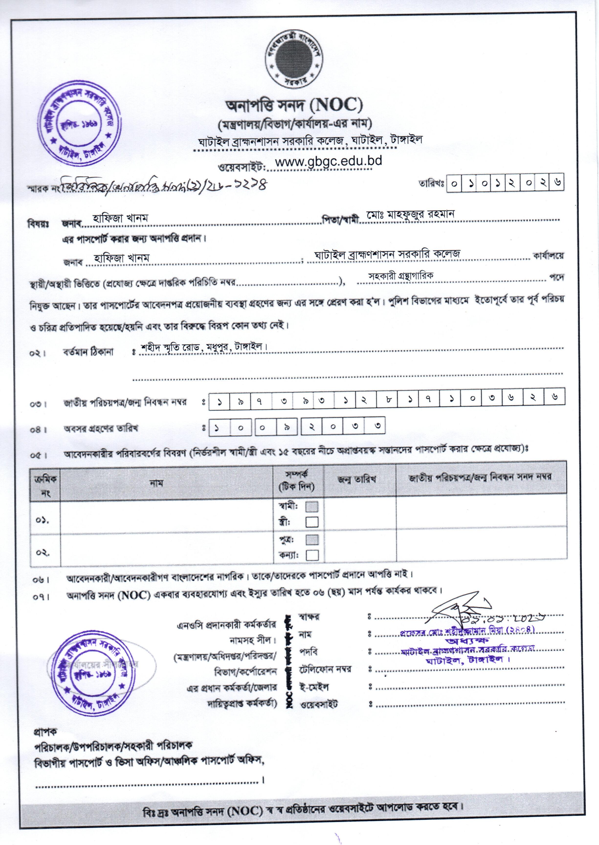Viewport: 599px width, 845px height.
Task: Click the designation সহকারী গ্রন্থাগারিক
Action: point(400,276)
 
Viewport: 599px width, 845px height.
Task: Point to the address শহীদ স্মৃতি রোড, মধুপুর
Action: point(203,347)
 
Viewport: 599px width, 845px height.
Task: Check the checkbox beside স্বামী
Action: point(312,507)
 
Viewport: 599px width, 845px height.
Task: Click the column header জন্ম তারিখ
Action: point(356,479)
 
